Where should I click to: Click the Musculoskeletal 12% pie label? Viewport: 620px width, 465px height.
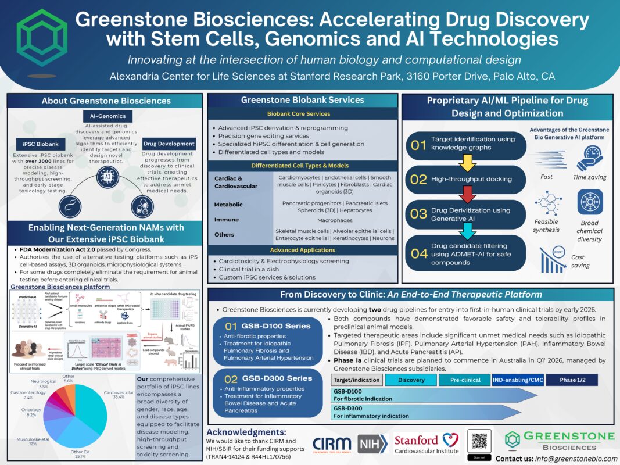(25, 440)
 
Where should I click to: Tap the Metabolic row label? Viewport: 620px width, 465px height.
(228, 205)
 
